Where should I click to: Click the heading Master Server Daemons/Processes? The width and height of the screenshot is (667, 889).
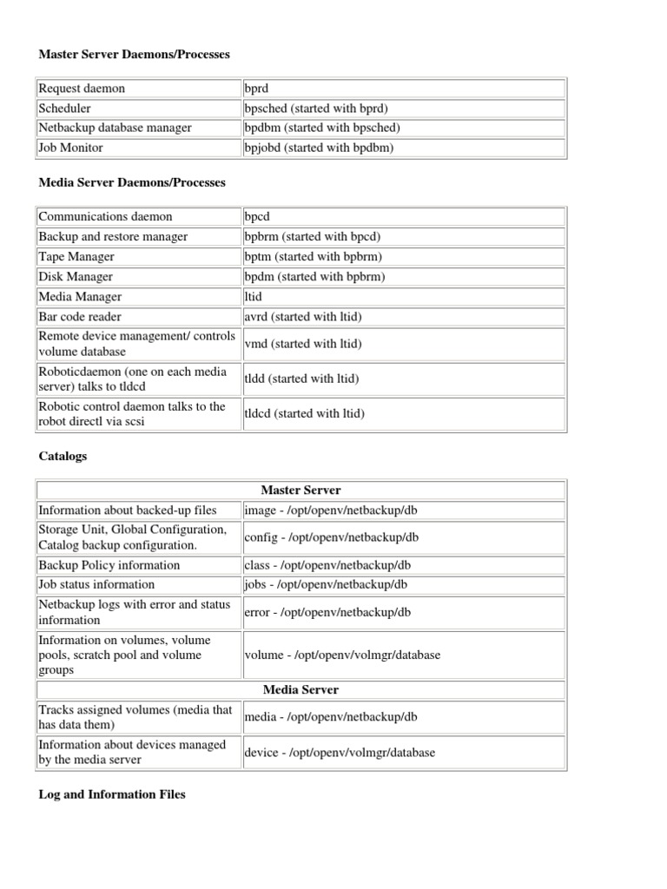point(135,55)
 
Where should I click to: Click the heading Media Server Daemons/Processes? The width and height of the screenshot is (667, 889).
point(132,183)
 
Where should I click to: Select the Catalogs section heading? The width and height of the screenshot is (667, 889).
point(63,456)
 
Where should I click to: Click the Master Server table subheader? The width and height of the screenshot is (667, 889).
point(300,491)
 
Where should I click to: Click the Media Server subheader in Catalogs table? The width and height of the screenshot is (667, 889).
point(300,690)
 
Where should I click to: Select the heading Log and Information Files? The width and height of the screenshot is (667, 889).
point(112,794)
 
